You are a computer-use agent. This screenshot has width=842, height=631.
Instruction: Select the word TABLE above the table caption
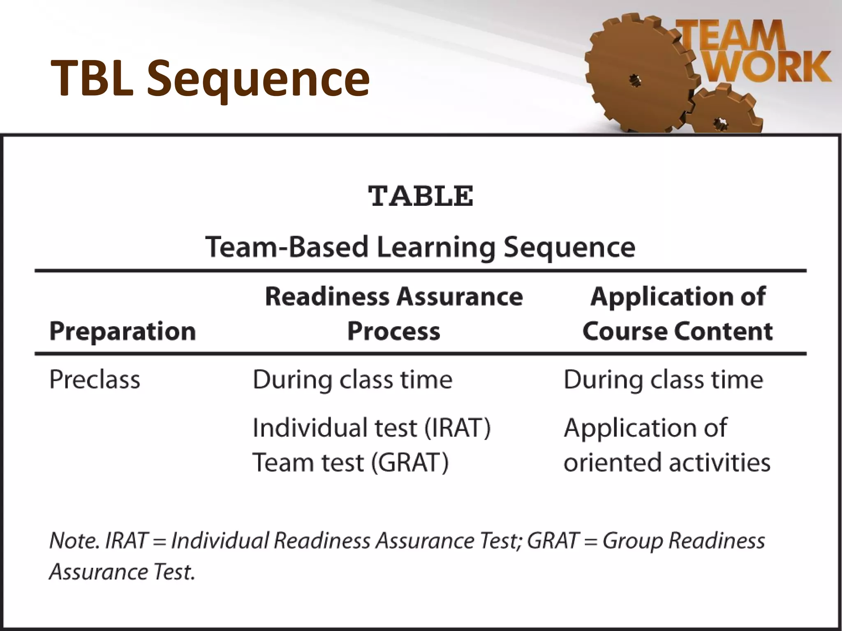point(421,196)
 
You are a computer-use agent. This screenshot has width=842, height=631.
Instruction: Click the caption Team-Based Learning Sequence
point(420,247)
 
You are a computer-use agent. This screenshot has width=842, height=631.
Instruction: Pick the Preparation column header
point(123,331)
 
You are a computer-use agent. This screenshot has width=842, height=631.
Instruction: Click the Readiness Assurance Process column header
point(394,313)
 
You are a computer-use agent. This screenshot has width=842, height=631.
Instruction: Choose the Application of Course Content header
point(678,313)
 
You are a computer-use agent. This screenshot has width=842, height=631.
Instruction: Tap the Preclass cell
point(95,380)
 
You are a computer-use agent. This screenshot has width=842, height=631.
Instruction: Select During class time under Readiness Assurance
point(352,380)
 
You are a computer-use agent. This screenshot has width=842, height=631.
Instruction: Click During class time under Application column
point(663,380)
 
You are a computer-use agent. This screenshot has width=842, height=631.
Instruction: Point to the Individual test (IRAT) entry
point(371,428)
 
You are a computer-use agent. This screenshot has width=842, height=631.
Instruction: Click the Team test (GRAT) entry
point(350,463)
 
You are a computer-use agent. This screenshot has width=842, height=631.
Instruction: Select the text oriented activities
point(667,463)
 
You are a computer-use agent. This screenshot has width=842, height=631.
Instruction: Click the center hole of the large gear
point(636,80)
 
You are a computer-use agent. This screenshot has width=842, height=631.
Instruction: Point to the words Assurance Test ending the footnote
point(122,572)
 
